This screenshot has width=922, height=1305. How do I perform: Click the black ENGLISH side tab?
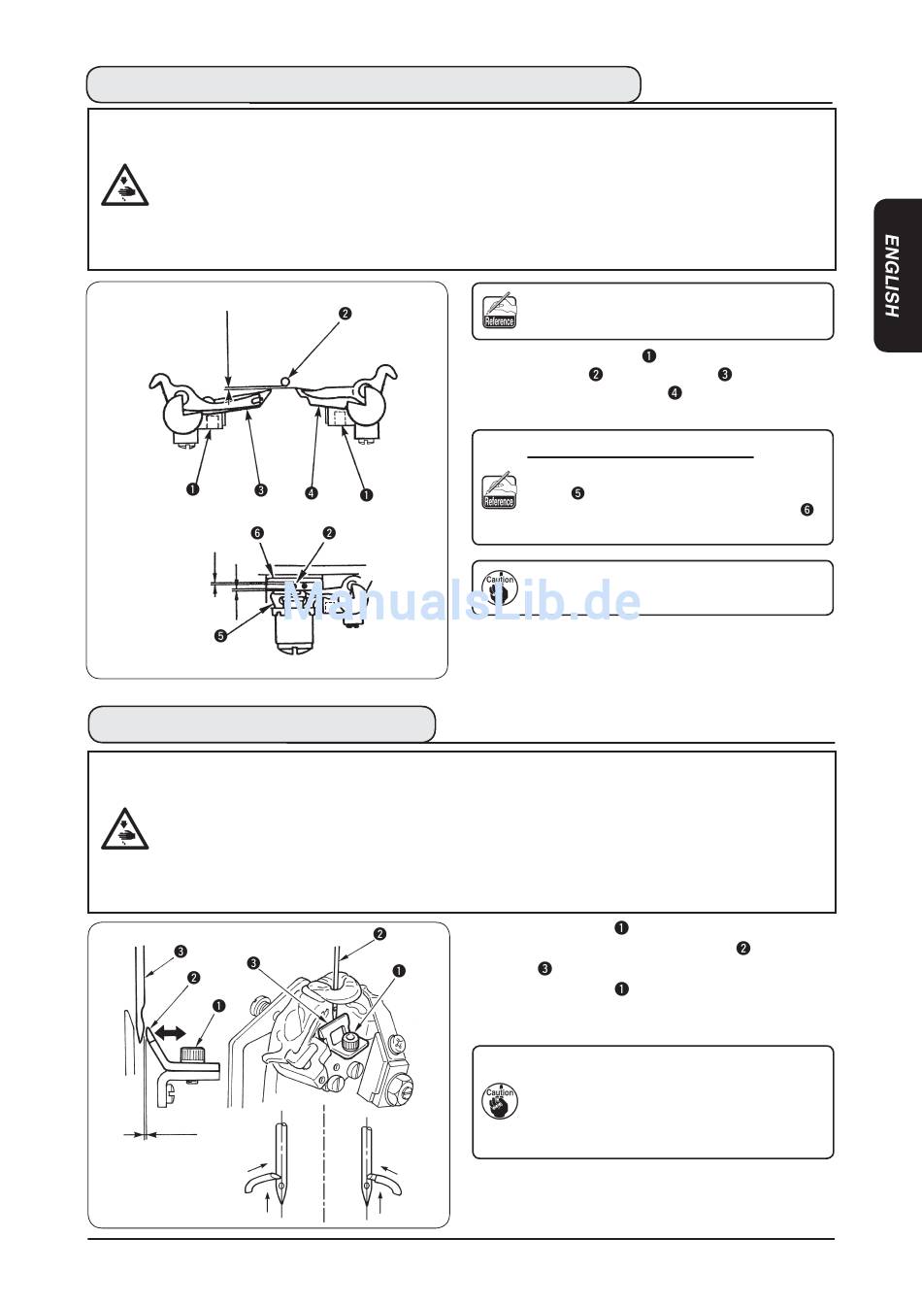point(898,276)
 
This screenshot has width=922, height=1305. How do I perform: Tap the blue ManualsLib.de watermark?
point(462,600)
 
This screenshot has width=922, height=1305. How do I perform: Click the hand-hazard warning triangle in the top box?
point(124,184)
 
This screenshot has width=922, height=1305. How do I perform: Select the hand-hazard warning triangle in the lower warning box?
point(124,828)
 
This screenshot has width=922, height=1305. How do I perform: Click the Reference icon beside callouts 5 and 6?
point(499,490)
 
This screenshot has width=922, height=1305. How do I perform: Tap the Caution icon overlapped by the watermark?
point(500,588)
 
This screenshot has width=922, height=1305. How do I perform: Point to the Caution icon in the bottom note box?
point(500,1100)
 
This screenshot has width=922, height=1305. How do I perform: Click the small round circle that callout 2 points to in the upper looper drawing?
point(285,381)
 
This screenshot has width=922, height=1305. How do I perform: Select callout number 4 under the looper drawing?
point(312,493)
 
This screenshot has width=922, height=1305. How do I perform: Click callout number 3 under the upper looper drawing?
point(261,490)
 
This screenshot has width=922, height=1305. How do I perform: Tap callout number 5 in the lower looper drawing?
point(220,636)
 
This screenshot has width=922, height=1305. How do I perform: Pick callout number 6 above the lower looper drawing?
point(257,532)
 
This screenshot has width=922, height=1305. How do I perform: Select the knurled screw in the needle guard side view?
point(191,1054)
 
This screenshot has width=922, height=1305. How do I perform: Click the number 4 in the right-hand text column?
point(675,392)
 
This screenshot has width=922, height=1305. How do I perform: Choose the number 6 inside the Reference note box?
point(807,510)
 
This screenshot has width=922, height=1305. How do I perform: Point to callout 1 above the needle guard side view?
point(218,1006)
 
